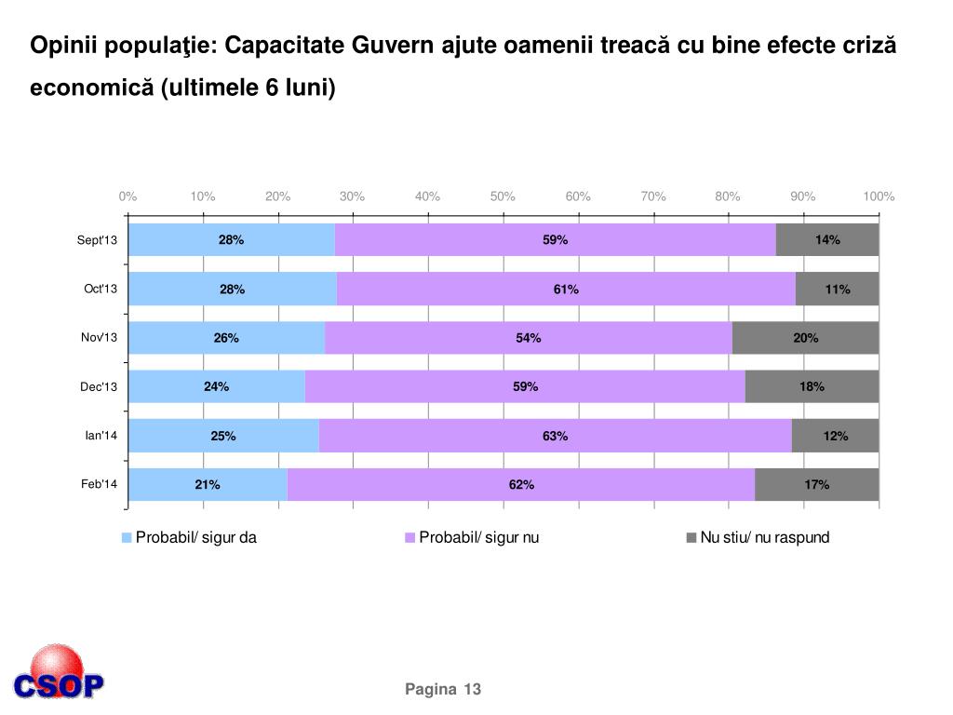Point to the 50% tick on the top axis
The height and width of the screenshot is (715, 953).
503,196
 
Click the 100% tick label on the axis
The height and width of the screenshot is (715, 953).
879,196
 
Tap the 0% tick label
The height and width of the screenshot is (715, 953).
128,196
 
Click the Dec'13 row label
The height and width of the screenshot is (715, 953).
99,387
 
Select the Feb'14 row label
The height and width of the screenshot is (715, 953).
99,484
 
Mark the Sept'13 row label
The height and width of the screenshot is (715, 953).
98,241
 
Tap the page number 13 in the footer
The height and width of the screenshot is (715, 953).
472,689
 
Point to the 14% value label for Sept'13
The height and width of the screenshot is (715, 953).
827,240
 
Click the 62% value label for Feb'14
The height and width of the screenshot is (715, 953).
521,484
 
